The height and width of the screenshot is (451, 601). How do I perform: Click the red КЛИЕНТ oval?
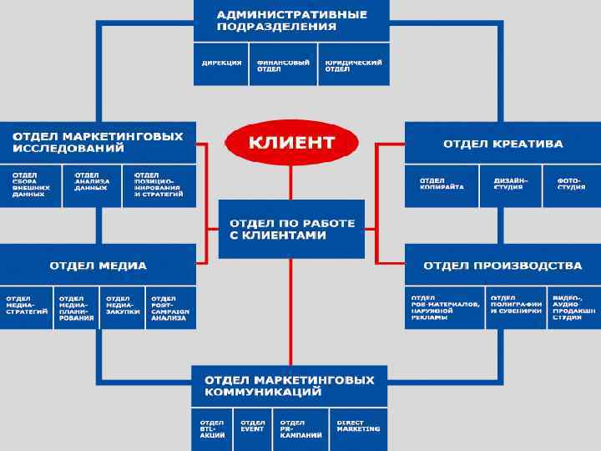[x=291, y=142]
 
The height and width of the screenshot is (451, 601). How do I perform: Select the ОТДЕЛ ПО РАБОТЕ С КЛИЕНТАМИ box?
[x=291, y=229]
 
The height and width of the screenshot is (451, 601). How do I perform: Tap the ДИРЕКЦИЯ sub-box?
[x=221, y=65]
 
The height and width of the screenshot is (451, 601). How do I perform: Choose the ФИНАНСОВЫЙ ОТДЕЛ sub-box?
[x=283, y=66]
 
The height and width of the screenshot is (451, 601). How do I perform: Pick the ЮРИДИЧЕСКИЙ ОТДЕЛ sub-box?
[x=353, y=66]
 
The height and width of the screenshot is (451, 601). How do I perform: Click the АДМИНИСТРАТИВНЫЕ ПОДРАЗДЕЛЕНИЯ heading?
[x=291, y=20]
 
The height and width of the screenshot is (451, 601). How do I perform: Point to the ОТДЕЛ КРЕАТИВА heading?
[x=503, y=143]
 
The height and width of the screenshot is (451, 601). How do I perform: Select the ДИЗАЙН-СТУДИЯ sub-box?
[x=508, y=185]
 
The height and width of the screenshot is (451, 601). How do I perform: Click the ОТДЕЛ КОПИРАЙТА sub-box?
[x=442, y=185]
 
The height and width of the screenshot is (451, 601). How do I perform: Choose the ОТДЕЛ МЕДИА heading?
[x=98, y=266]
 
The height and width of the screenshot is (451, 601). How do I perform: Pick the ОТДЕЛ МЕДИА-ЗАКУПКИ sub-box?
[x=123, y=307]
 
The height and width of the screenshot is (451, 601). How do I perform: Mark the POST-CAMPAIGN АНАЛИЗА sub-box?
[x=172, y=307]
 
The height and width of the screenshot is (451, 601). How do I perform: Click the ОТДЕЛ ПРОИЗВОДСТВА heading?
[x=503, y=266]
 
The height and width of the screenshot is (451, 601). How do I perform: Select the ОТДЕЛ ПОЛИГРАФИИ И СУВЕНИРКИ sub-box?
[x=515, y=307]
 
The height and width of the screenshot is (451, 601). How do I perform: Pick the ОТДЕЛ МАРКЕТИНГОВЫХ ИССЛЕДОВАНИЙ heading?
[x=98, y=142]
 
